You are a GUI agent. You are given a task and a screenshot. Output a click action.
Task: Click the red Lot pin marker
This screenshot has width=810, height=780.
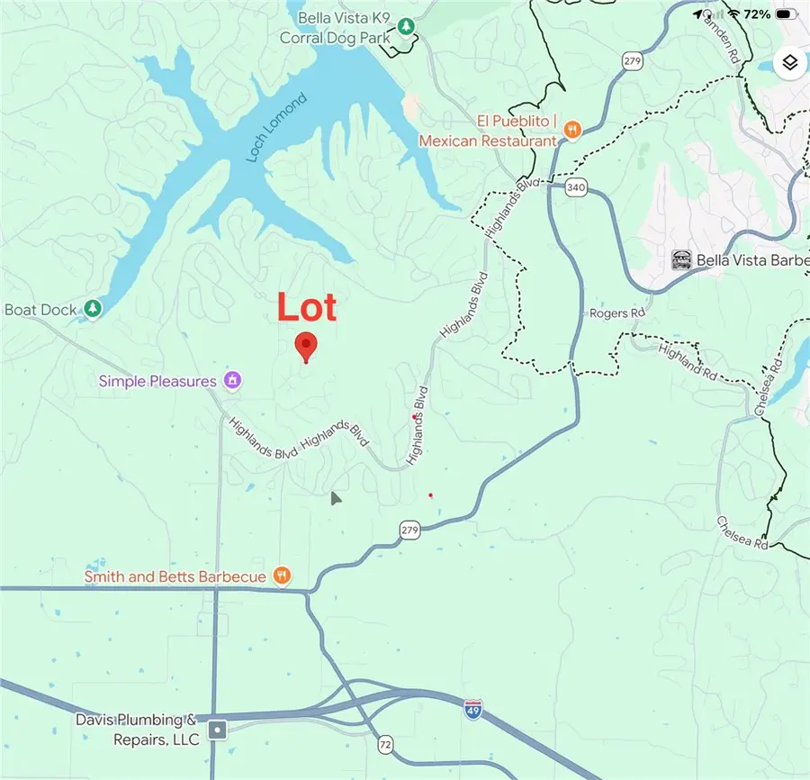(306, 346)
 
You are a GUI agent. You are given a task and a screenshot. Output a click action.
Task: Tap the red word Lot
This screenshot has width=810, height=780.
(307, 308)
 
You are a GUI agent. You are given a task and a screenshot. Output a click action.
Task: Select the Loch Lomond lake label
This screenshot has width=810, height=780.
(276, 128)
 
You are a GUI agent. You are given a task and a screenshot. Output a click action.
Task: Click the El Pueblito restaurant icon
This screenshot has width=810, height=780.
(571, 131)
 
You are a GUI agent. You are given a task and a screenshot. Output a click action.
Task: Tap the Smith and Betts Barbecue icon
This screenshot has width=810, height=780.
(282, 576)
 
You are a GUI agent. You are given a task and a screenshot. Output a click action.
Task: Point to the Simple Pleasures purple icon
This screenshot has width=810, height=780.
(232, 380)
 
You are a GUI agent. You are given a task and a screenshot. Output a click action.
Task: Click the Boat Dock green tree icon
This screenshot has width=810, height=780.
(93, 309)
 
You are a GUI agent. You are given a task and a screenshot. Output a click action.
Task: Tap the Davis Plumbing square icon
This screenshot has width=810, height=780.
(217, 729)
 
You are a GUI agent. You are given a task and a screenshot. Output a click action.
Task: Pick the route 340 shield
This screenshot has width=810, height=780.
(577, 187)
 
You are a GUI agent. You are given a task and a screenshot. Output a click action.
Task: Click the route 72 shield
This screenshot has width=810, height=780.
(385, 743)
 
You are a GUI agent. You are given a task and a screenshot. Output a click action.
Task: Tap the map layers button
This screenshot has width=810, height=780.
(789, 62)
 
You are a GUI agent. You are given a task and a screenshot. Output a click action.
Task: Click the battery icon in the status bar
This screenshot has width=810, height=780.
(786, 14)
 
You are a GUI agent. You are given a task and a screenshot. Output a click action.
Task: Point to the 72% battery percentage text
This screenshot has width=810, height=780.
(757, 14)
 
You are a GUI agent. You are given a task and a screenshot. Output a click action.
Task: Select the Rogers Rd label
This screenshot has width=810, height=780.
(617, 313)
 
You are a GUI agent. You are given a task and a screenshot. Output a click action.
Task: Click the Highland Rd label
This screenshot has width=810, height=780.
(687, 358)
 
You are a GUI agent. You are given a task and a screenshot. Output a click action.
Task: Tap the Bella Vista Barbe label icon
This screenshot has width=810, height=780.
(681, 260)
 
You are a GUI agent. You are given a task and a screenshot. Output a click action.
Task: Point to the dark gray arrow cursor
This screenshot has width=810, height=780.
(335, 498)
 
